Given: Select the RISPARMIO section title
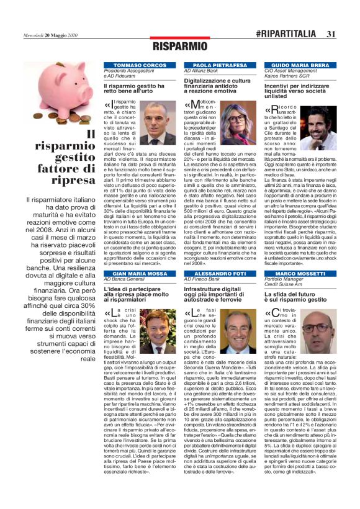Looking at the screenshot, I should (179, 47).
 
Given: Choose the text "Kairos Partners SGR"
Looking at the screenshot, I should (288, 76).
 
